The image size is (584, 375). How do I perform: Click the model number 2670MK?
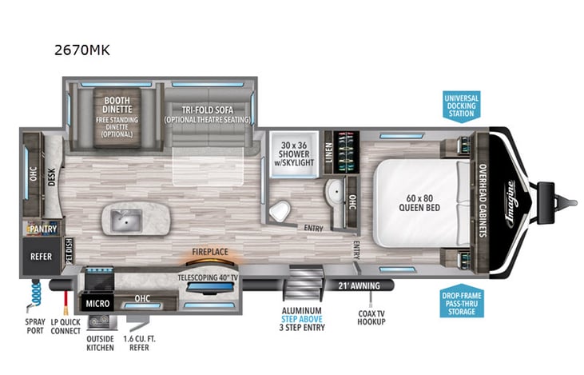coord(82,50)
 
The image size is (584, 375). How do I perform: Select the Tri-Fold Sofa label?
coord(207,114)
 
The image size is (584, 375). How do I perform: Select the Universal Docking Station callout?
coord(460,105)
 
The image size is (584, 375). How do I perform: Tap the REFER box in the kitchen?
coord(42,257)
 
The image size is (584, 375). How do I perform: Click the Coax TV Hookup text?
coord(370,316)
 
